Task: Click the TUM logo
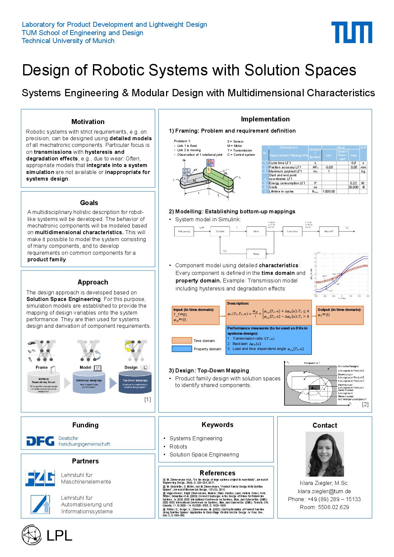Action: pyautogui.click(x=352, y=32)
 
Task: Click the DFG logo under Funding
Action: pyautogui.click(x=40, y=441)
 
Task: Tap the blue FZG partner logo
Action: pyautogui.click(x=40, y=478)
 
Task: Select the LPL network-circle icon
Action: pyautogui.click(x=31, y=535)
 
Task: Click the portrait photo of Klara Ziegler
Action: pyautogui.click(x=325, y=454)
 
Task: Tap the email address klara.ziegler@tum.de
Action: pyautogui.click(x=324, y=491)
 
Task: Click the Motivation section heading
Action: pyautogui.click(x=88, y=122)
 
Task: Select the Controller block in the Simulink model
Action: pyautogui.click(x=220, y=232)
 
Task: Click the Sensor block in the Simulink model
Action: pyautogui.click(x=256, y=254)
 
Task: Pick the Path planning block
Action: pyautogui.click(x=184, y=232)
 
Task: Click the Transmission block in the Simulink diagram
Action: pyautogui.click(x=292, y=232)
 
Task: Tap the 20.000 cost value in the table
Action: pyautogui.click(x=353, y=187)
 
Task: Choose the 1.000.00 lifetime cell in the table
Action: pyautogui.click(x=328, y=191)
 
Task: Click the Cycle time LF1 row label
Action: pyautogui.click(x=280, y=163)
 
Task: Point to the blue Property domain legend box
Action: pyautogui.click(x=182, y=349)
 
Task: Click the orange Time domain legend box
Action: pyautogui.click(x=182, y=340)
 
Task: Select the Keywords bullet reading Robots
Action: pyautogui.click(x=178, y=447)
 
